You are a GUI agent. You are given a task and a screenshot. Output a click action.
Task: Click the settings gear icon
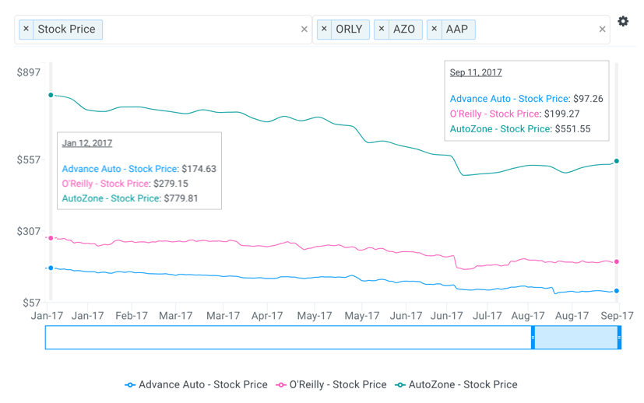pos(623,22)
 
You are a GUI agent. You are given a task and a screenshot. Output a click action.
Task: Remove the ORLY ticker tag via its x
pos(325,30)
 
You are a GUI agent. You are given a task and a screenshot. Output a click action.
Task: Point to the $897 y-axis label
pos(29,72)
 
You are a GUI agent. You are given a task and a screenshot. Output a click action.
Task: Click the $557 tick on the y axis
pos(29,159)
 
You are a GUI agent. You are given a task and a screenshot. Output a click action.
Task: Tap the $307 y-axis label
pos(29,231)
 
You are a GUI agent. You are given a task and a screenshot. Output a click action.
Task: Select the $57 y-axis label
pos(31,303)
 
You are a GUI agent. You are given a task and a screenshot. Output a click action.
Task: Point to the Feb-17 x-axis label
pos(132,316)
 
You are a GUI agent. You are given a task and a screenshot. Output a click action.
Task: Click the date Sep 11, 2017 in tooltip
pos(476,72)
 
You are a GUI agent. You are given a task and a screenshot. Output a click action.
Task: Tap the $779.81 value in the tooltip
pos(181,198)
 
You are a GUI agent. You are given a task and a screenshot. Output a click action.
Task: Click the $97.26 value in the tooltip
pos(588,99)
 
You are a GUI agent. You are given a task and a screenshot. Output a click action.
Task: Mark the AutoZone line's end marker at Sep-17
pos(617,161)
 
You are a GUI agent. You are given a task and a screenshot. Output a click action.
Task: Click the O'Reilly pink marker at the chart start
pos(51,238)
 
